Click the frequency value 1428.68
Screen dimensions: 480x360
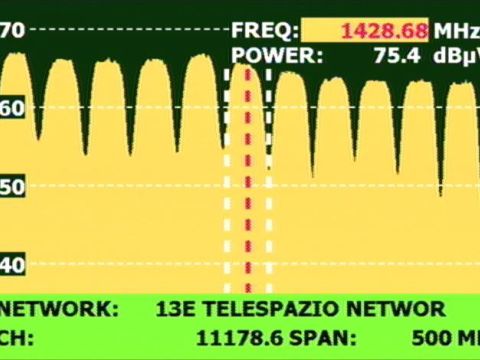coord(385,31)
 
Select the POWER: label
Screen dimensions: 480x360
coord(277,57)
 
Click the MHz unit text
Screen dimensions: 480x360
coord(456,31)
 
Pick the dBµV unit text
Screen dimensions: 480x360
coord(456,57)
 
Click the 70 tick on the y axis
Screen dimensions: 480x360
coord(12,30)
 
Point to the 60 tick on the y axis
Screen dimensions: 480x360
coord(10,108)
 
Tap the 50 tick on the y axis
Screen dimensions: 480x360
coord(10,186)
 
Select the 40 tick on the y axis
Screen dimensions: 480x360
coord(10,265)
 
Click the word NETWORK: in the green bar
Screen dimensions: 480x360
coord(56,309)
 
